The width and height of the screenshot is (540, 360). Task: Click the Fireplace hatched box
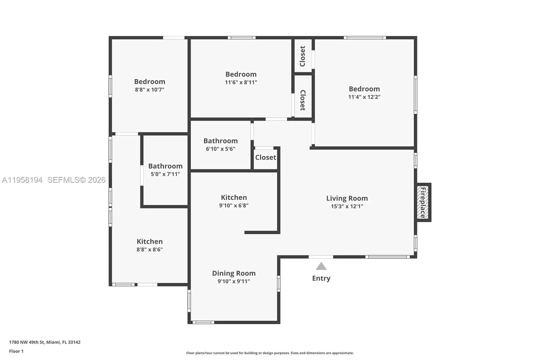[x=423, y=202]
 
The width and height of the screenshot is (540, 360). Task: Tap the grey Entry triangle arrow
[x=321, y=266]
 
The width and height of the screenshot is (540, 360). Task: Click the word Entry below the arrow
[x=321, y=278]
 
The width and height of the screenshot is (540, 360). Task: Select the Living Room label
[x=347, y=198]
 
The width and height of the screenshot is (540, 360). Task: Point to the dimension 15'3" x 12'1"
[x=347, y=206]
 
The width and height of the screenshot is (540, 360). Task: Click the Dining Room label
[x=234, y=273]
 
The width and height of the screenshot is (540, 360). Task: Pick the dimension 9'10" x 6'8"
[x=234, y=205]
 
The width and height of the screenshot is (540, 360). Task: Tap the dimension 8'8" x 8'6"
[x=150, y=250]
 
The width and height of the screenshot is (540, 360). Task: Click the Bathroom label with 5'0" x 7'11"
[x=165, y=166]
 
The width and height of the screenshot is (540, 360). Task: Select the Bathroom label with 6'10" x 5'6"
[x=220, y=141]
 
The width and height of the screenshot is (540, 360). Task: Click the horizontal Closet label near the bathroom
[x=265, y=157]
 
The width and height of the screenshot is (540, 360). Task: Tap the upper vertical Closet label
[x=302, y=56]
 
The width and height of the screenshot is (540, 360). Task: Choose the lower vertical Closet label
[x=302, y=100]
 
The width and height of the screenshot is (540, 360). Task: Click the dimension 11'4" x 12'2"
[x=364, y=97]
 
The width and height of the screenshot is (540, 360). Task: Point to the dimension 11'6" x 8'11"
[x=241, y=82]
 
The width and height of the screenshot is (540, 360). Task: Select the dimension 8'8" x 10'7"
[x=150, y=90]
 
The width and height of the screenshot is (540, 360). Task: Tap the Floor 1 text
[x=16, y=351]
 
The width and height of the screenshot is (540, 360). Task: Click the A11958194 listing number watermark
[x=22, y=180]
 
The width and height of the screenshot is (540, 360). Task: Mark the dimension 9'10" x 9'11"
[x=234, y=281]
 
